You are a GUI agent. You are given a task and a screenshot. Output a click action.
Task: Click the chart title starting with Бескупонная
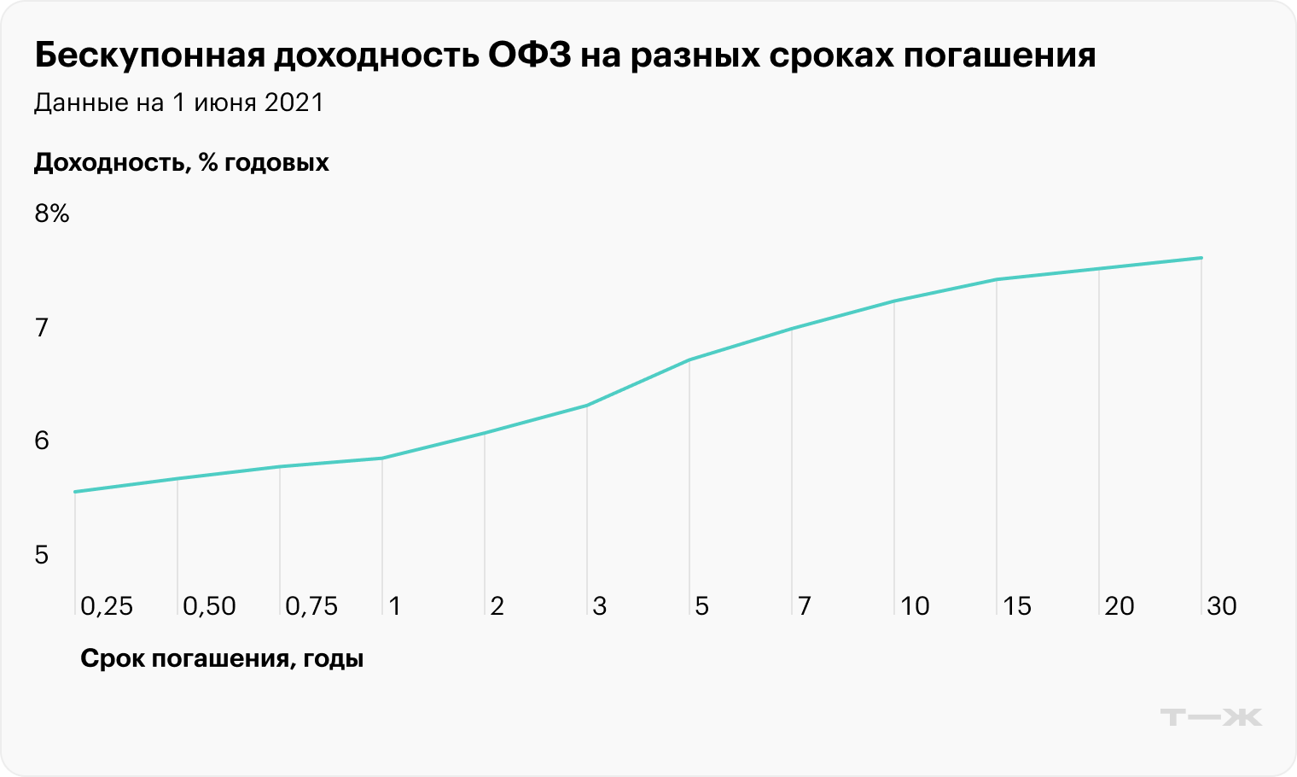point(565,55)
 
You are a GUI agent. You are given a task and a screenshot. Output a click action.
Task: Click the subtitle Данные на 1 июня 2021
point(179,102)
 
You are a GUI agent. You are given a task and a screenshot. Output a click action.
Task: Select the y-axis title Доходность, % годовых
point(181,162)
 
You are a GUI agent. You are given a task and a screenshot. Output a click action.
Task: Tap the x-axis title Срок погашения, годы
point(222,658)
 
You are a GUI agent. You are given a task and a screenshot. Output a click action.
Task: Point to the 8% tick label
point(51,213)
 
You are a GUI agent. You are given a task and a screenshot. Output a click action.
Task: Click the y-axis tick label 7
point(42,327)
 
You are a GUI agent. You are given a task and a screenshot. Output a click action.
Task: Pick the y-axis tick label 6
point(42,441)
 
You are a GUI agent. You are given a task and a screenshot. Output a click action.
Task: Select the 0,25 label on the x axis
point(107,606)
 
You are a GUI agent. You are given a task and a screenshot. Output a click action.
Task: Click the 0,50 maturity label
point(209,606)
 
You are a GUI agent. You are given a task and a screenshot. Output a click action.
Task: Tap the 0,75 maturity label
point(311,606)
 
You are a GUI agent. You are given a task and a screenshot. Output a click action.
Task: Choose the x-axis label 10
point(915,606)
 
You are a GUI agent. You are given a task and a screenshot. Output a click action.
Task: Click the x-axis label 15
point(1017,606)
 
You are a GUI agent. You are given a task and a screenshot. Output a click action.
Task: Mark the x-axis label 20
point(1120,606)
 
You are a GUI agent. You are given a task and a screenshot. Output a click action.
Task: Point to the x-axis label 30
point(1222,606)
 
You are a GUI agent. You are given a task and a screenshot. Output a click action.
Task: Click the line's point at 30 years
point(1201,258)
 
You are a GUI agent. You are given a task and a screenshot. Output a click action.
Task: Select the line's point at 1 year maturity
point(382,459)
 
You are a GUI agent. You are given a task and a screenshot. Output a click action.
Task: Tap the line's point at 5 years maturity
point(689,360)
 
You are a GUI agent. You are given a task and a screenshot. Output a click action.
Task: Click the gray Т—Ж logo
point(1211,716)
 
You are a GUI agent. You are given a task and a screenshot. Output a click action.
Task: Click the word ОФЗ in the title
point(529,55)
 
